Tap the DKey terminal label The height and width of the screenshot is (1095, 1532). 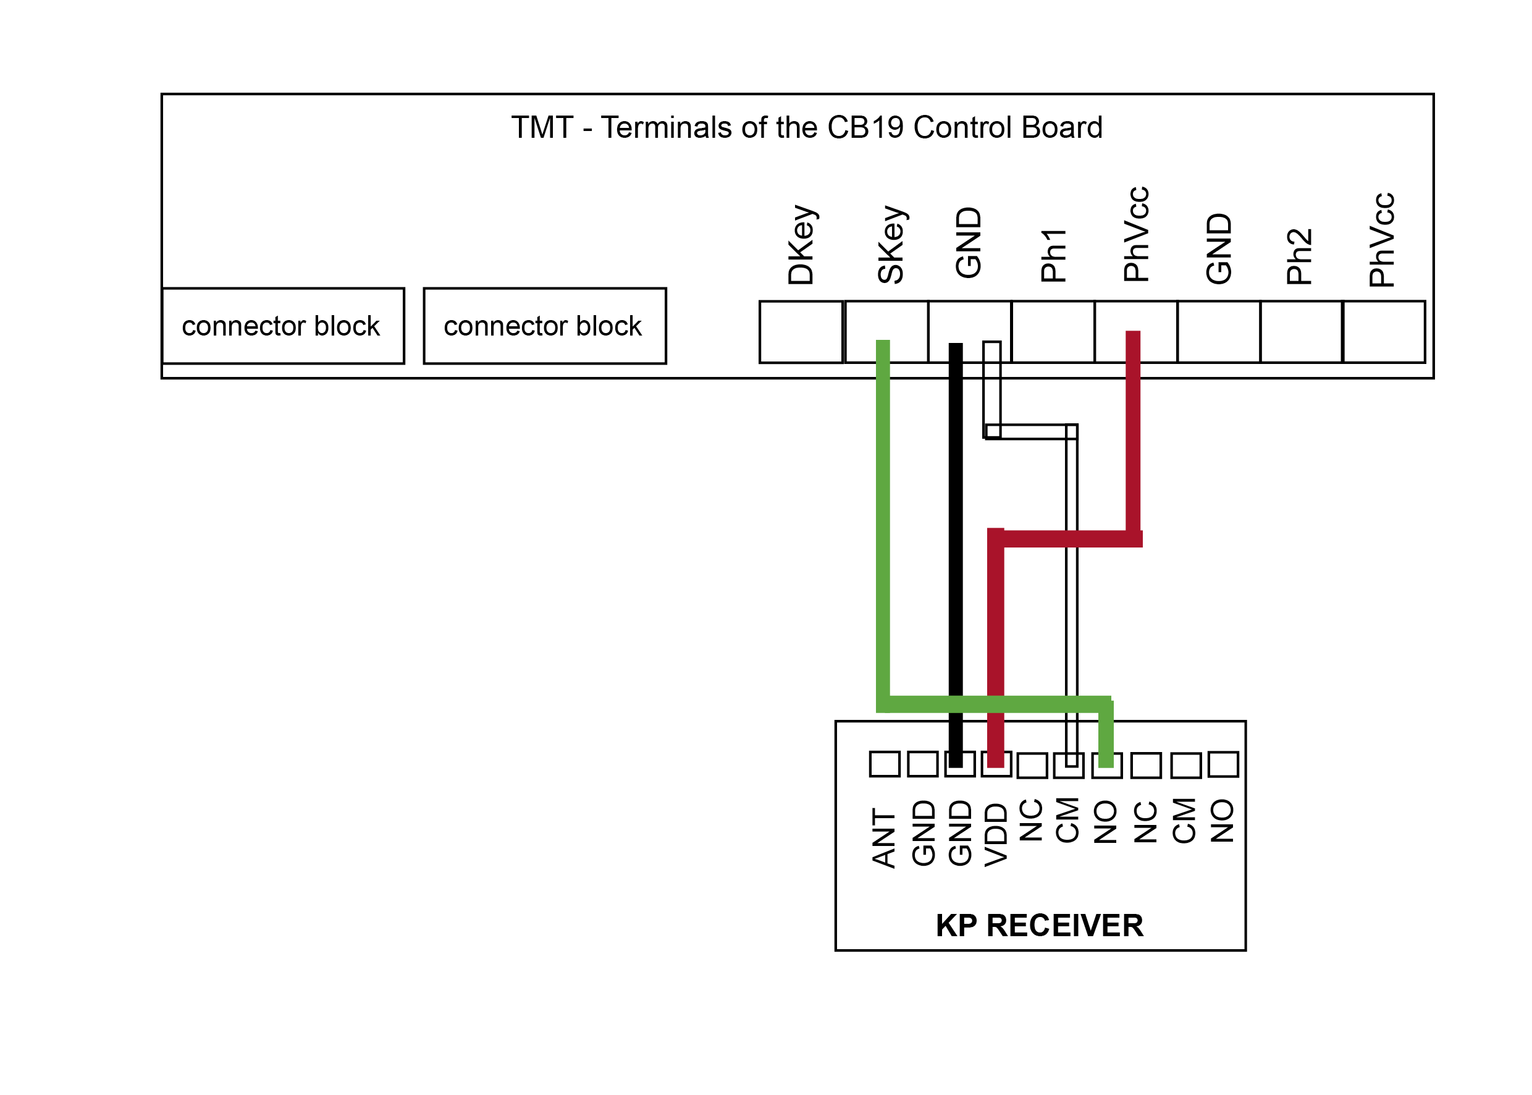pos(801,245)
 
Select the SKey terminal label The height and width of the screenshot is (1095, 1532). pos(890,245)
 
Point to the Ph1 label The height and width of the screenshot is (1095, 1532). pos(1053,255)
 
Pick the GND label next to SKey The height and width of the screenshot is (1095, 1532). pos(969,243)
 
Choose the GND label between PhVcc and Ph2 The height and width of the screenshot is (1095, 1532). pos(1219,249)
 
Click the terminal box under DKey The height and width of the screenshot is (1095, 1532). pos(801,332)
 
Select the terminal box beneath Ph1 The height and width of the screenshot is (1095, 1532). pos(1053,332)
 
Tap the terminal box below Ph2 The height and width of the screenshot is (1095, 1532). pos(1302,332)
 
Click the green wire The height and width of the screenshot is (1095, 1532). pos(883,526)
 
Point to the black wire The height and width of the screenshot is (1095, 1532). pos(956,555)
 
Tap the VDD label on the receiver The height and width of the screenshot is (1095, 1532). pos(996,834)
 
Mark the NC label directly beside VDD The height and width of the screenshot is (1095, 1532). pos(1031,820)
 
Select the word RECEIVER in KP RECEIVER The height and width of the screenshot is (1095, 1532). pos(1065,926)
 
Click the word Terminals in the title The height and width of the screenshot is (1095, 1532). pos(686,127)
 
